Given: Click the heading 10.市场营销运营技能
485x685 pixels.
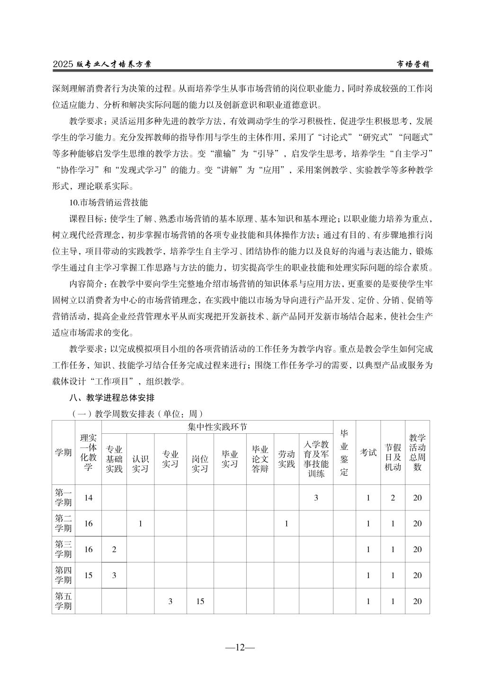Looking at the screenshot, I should pos(108,202).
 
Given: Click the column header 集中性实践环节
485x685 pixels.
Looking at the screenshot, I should pos(217,427).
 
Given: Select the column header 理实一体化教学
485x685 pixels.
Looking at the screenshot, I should pos(88,452).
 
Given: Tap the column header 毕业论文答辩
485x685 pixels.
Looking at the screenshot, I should pos(260,459).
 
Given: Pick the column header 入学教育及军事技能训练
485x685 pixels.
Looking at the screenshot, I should pos(316,459).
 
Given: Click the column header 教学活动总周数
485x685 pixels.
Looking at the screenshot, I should pos(417,452).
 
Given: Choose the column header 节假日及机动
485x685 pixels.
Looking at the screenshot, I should pos(393,457).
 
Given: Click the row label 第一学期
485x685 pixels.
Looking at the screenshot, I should pos(63,497).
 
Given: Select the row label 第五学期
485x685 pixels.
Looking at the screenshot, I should pos(63,601).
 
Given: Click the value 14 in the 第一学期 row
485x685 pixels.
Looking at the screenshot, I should pos(88,498).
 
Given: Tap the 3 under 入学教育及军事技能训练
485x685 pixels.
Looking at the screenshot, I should pos(316,498).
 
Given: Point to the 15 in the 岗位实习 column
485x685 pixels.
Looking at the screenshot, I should pos(200,601).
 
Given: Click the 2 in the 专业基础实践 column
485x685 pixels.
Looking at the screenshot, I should pos(114,549).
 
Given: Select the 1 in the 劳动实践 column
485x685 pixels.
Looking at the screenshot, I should pos(286,524).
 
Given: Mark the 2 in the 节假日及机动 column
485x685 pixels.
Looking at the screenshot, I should pos(393,498).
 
